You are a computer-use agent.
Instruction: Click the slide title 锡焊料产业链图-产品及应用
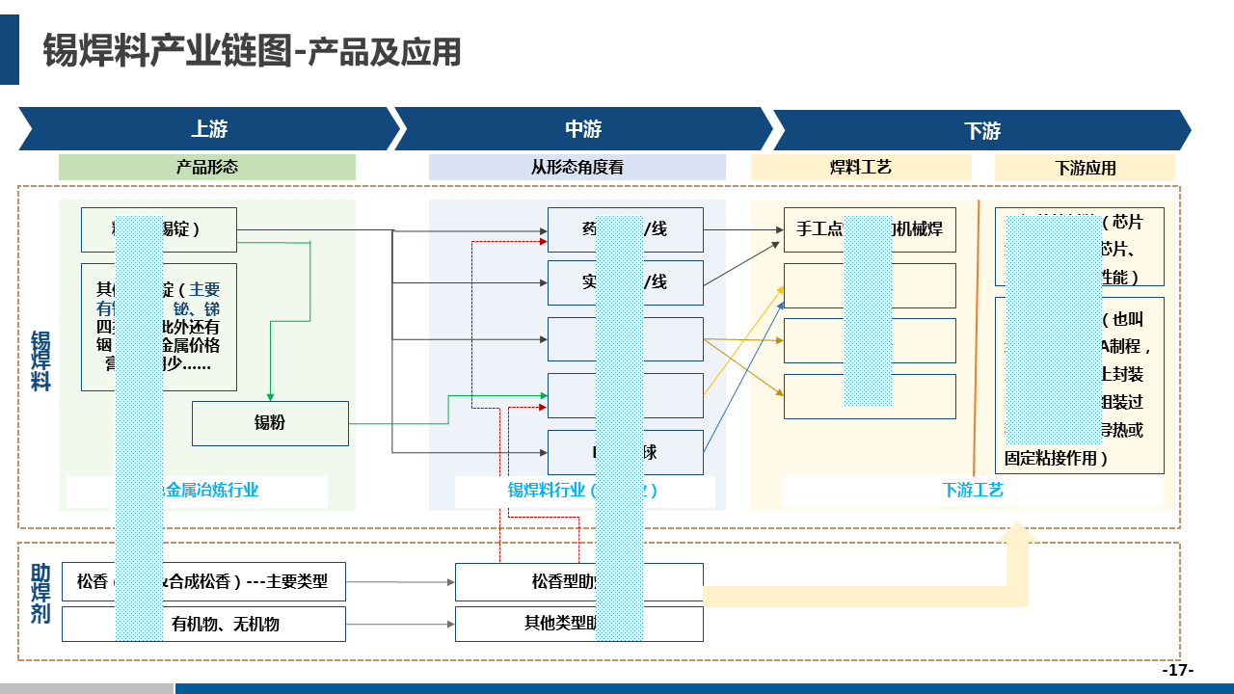[x=252, y=51]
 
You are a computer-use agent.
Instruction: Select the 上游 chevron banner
[x=208, y=129]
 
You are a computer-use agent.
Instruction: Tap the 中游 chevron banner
[x=582, y=129]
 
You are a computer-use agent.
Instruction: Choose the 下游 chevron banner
[x=981, y=130]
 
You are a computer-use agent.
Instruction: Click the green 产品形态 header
[x=206, y=167]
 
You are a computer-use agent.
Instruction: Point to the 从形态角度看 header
[x=577, y=167]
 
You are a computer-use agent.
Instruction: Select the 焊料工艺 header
[x=860, y=167]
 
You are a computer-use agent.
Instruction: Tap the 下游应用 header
[x=1085, y=168]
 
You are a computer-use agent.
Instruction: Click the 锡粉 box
[x=270, y=423]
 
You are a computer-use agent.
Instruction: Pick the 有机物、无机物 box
[x=226, y=624]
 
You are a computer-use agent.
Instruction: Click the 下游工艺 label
[x=972, y=490]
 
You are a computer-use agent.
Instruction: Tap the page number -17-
[x=1177, y=670]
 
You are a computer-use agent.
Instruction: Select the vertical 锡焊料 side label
[x=40, y=360]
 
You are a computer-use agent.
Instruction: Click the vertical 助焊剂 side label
[x=40, y=594]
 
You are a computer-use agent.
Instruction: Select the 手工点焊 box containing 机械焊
[x=869, y=229]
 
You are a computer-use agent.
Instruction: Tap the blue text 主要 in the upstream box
[x=204, y=289]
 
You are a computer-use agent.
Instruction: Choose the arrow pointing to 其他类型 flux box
[x=399, y=625]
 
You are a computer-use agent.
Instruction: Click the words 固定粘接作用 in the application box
[x=1056, y=458]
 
